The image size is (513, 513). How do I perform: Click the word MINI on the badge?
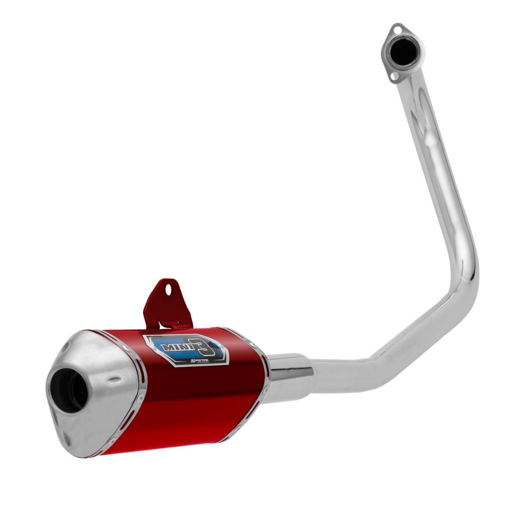point(175,347)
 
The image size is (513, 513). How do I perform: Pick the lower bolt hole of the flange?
point(394,76)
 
